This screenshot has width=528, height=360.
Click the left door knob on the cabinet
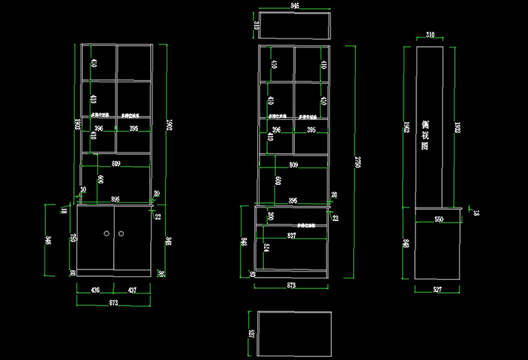[x=106, y=235]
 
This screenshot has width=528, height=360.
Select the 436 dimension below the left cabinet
[x=96, y=290]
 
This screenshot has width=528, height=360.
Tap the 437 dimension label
[x=132, y=290]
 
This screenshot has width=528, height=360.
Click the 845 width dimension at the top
[x=294, y=6]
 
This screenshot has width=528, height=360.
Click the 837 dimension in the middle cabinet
[x=292, y=235]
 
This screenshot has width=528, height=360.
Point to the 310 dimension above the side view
[x=430, y=35]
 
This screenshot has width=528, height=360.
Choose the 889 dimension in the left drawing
[x=115, y=163]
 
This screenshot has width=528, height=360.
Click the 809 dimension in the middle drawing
[x=293, y=164]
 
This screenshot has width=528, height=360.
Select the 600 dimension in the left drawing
[x=100, y=180]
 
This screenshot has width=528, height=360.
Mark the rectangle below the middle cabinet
[x=294, y=333]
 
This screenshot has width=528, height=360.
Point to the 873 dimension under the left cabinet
[x=114, y=303]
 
